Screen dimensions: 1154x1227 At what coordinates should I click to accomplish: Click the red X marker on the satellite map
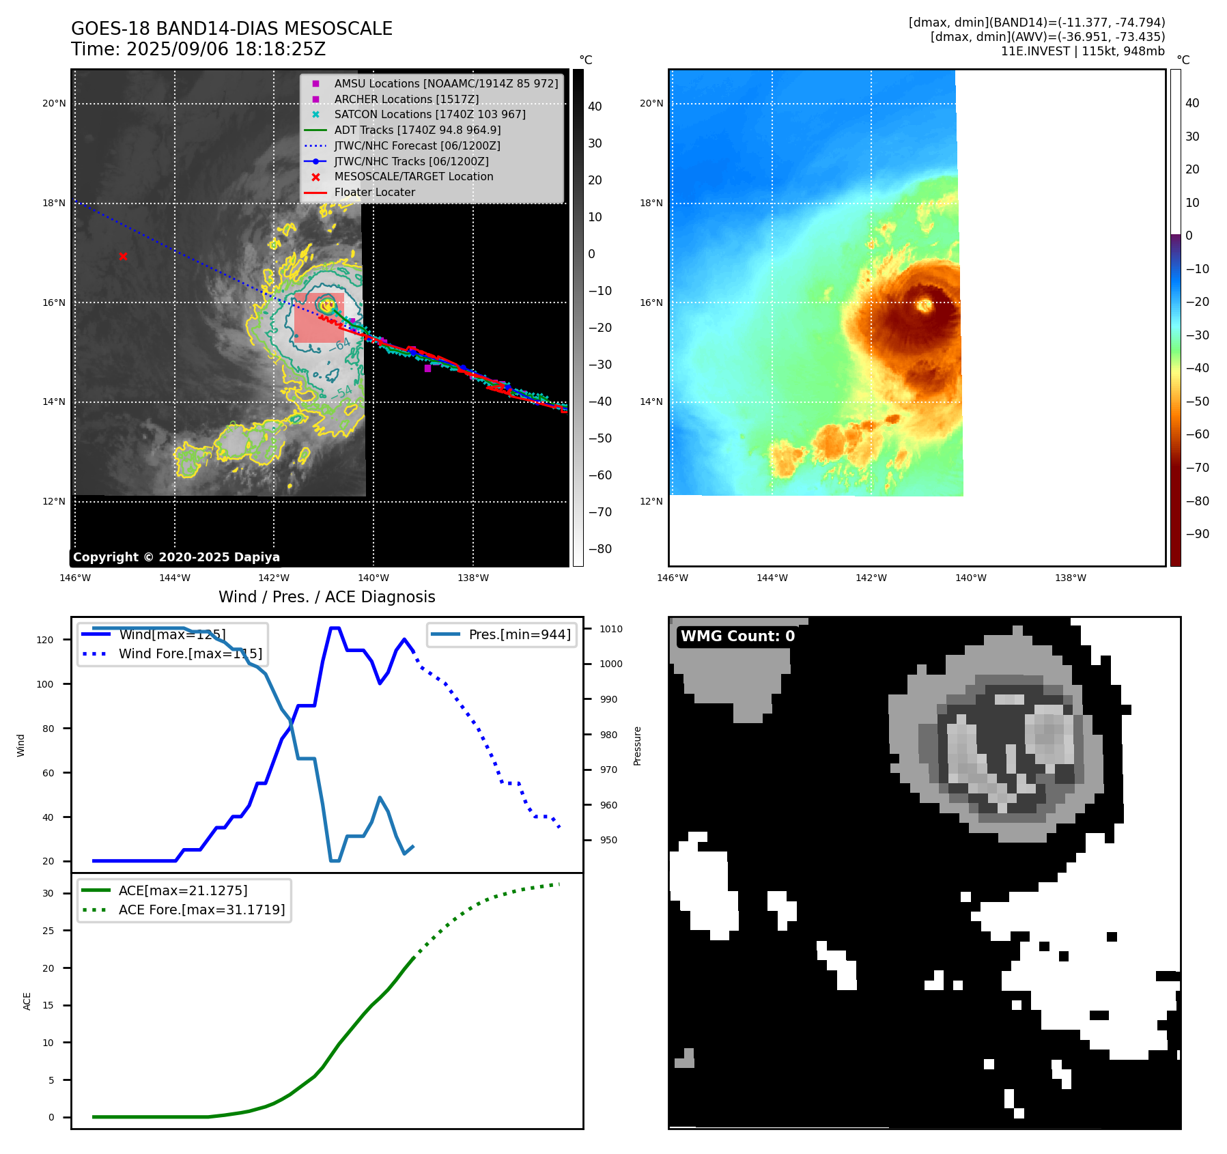[123, 257]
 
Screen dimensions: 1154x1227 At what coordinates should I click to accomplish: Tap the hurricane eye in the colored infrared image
[925, 305]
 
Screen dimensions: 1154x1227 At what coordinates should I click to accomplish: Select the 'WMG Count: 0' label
[737, 636]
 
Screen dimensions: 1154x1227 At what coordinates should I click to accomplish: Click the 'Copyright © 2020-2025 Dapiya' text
[176, 557]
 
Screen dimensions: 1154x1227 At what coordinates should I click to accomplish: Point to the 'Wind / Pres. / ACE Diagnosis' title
[326, 597]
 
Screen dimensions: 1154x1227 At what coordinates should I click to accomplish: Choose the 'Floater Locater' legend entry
[374, 193]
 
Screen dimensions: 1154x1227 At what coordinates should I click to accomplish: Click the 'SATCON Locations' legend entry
[429, 115]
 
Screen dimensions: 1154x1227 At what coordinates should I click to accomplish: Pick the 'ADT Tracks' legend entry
[417, 130]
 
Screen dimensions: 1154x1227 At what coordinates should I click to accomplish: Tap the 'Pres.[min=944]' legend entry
[519, 634]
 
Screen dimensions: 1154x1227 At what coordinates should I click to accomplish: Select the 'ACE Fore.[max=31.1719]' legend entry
[201, 910]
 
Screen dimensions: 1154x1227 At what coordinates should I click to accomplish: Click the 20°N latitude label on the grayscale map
[54, 104]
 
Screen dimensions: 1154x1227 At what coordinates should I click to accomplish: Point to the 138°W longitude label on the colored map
[1070, 578]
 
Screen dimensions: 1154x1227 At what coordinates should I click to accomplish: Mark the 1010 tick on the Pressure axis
[611, 629]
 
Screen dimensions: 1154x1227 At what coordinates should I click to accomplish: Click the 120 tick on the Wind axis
[45, 640]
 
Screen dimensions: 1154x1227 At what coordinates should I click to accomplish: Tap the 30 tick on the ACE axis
[48, 893]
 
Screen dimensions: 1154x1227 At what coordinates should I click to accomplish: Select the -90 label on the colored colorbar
[1197, 534]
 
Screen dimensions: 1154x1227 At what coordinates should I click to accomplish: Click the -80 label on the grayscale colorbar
[600, 549]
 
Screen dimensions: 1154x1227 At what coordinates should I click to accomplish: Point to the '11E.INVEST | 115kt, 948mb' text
[1082, 51]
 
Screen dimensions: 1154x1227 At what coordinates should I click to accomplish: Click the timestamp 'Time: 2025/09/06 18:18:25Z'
[198, 49]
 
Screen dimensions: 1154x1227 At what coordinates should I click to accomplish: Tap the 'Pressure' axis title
[637, 746]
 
